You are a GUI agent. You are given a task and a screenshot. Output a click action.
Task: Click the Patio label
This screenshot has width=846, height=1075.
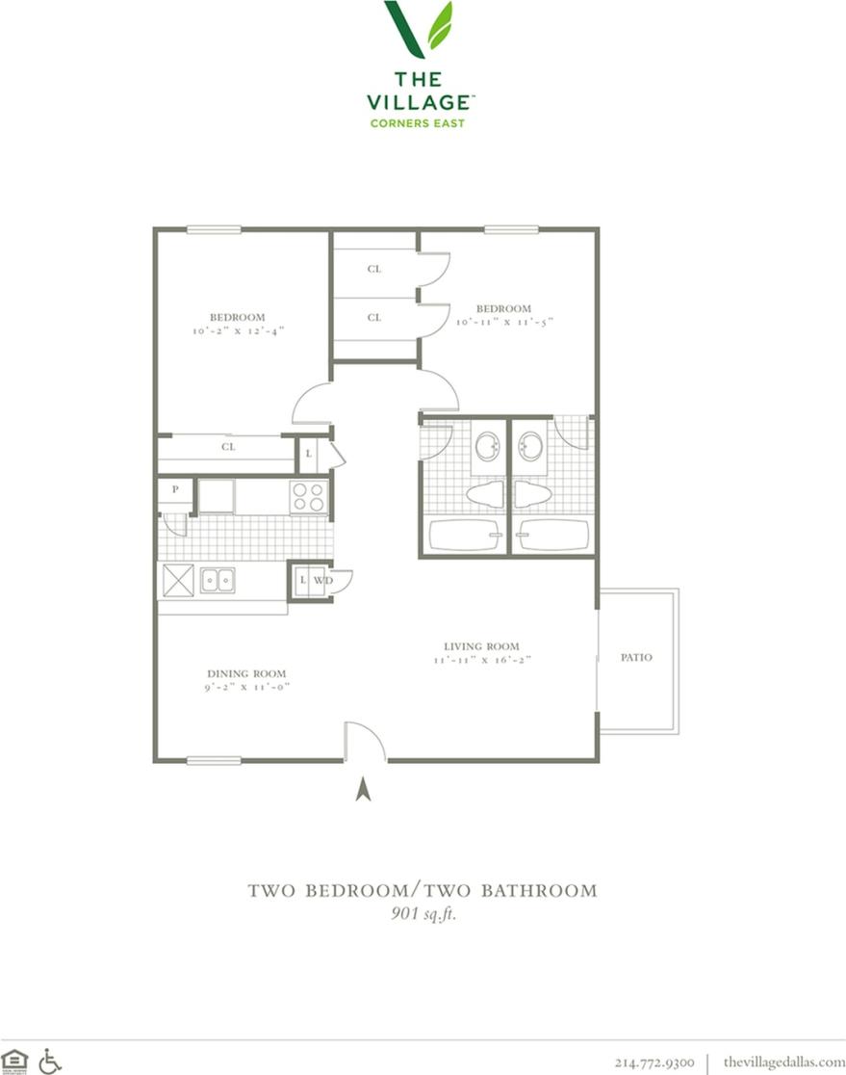(x=637, y=657)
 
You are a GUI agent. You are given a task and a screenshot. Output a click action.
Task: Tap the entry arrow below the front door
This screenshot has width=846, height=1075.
(x=363, y=789)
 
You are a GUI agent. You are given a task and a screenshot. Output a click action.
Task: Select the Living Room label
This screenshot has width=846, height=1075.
(x=482, y=646)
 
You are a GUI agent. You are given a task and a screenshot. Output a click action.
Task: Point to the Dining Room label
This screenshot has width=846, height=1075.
(x=246, y=673)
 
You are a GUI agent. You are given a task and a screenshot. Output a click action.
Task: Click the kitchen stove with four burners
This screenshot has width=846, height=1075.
(x=309, y=496)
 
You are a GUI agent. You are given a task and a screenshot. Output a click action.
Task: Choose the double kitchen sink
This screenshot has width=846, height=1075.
(x=217, y=580)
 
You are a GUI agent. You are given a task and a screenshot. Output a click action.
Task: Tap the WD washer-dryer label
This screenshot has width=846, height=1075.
(x=322, y=580)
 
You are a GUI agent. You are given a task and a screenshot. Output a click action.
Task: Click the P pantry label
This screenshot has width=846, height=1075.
(x=175, y=489)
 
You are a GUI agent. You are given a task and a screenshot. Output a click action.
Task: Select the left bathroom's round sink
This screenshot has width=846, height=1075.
(x=487, y=446)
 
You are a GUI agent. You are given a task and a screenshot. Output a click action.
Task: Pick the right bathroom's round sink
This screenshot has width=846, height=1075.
(x=530, y=446)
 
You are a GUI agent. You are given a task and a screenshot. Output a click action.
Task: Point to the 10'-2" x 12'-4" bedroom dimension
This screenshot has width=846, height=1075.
(x=238, y=329)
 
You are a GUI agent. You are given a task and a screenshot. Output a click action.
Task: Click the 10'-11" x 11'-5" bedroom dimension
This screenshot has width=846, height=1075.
(x=504, y=322)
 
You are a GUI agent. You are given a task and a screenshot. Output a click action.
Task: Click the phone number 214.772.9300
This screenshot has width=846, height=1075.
(x=654, y=1062)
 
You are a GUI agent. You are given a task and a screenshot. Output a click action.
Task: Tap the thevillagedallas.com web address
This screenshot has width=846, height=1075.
(x=783, y=1062)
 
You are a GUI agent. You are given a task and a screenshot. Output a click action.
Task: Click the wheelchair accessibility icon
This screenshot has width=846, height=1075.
(x=50, y=1062)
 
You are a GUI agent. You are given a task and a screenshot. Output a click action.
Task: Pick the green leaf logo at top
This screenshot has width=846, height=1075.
(x=419, y=29)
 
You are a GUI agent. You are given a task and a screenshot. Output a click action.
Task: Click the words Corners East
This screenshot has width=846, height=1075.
(x=418, y=122)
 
